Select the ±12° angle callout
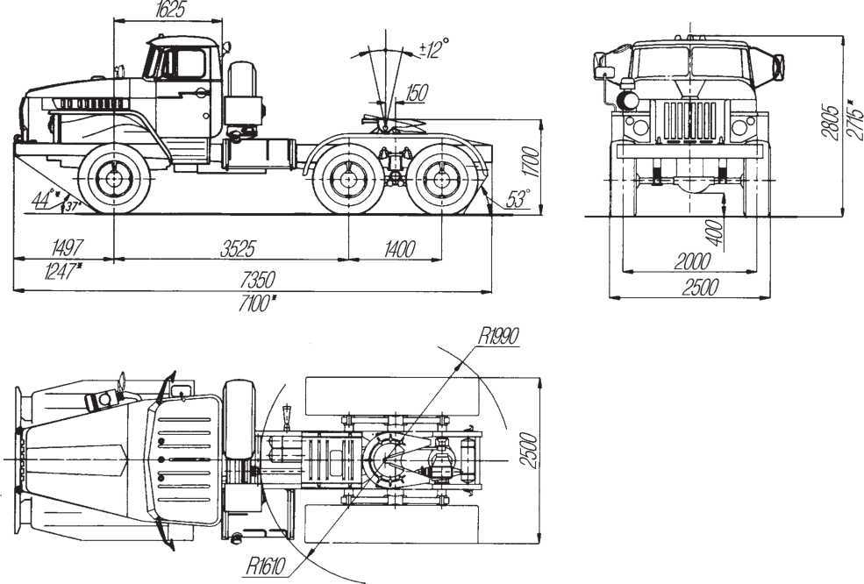(x=434, y=48)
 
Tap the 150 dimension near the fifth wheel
(x=417, y=93)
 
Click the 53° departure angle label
(x=518, y=199)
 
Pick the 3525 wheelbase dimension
(x=238, y=249)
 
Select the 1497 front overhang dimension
(x=67, y=247)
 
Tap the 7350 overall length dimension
(x=257, y=280)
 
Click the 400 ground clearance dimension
(x=714, y=233)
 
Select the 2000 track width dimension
(x=692, y=261)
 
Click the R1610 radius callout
(x=266, y=566)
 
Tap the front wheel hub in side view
(x=114, y=179)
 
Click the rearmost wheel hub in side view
(x=442, y=179)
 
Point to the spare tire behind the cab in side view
(x=242, y=94)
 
